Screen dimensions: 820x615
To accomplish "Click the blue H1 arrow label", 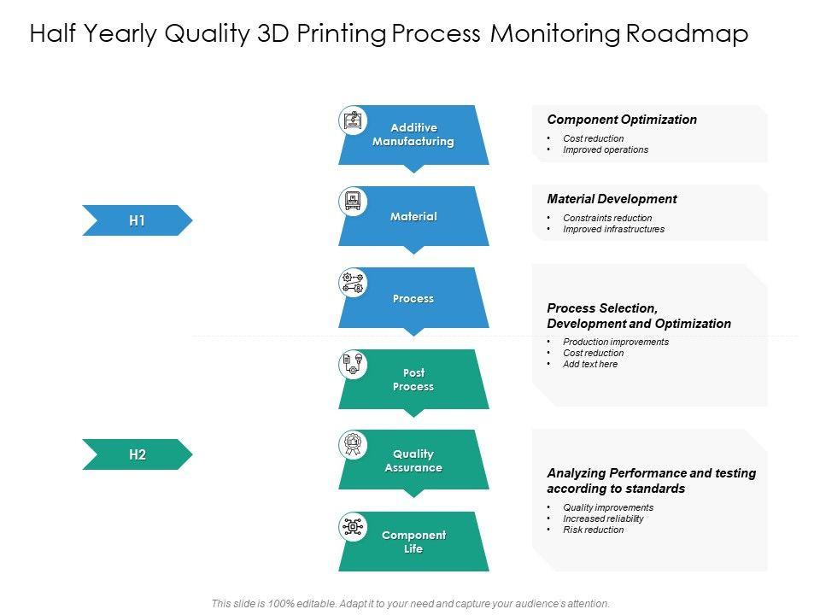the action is tap(137, 220).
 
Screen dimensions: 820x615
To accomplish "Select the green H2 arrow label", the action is tap(137, 454).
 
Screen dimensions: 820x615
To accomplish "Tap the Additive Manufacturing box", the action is tap(413, 135).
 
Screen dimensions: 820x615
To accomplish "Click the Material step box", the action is tap(413, 217).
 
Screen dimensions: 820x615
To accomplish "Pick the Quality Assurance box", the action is tap(413, 461).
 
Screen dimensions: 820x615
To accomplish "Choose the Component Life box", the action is tap(413, 542).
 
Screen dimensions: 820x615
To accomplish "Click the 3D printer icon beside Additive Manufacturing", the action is tap(353, 120).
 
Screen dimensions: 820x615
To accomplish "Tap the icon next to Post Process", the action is tap(353, 365).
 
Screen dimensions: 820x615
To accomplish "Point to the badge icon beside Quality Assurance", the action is tap(353, 445).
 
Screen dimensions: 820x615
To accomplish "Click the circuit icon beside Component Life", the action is tap(353, 527).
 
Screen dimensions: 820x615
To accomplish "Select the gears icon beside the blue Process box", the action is tap(353, 283).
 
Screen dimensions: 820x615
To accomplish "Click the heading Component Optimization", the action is tap(622, 120).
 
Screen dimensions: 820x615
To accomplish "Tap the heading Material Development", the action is tap(612, 199).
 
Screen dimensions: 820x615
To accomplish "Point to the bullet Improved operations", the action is tap(606, 149).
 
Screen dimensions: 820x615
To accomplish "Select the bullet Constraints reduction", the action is tap(607, 218).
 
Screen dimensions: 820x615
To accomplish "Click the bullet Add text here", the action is tap(590, 364).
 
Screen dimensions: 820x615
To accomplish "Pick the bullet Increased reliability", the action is tap(603, 518).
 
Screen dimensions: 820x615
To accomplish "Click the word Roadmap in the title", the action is tap(687, 34).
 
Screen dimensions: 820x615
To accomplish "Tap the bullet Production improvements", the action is tap(616, 342).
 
